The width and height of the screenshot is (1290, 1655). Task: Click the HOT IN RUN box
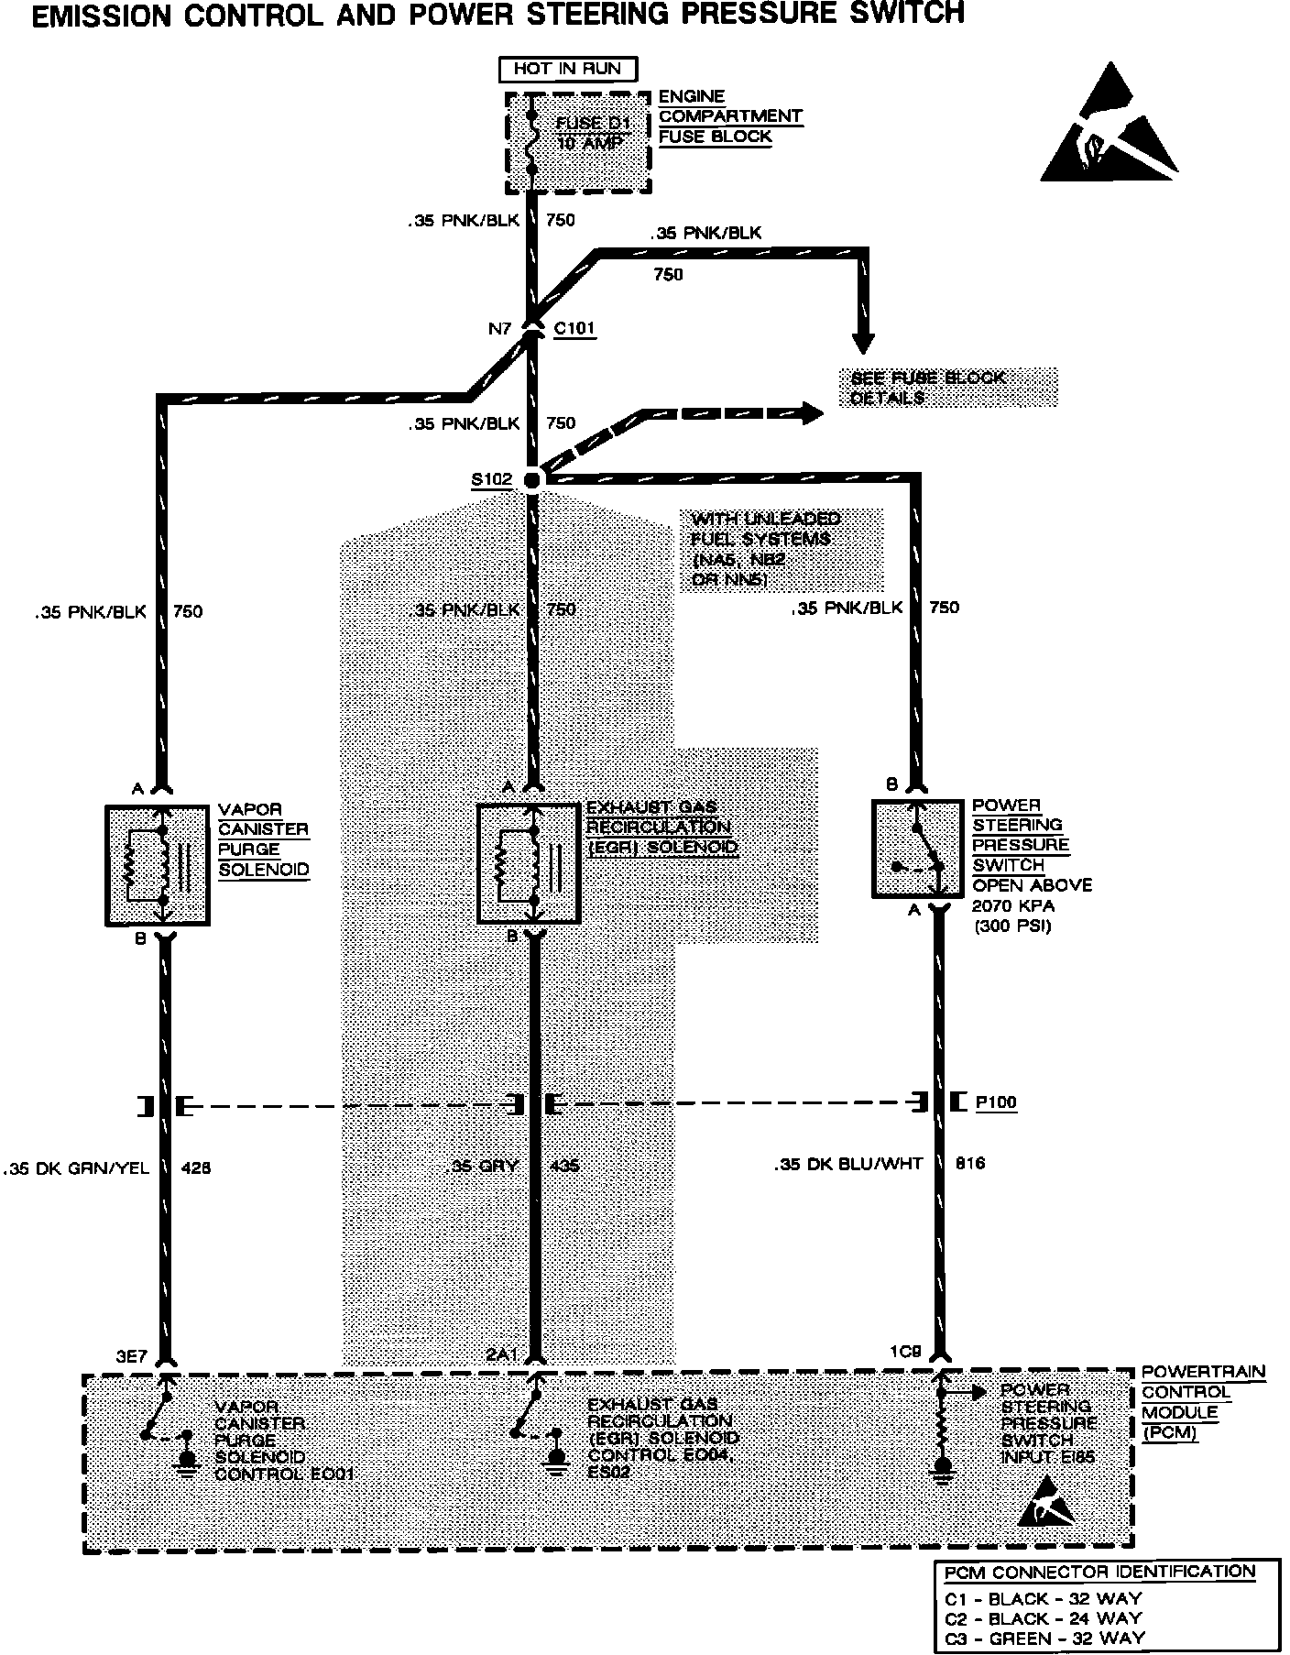pyautogui.click(x=567, y=69)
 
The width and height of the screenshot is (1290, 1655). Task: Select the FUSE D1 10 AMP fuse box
pyautogui.click(x=578, y=143)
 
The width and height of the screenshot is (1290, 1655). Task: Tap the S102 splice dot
pyautogui.click(x=532, y=479)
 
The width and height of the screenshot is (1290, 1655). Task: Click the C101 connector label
pyautogui.click(x=574, y=328)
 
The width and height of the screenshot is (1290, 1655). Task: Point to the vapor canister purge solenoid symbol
pyautogui.click(x=158, y=864)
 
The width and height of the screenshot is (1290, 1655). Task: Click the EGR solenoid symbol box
pyautogui.click(x=530, y=862)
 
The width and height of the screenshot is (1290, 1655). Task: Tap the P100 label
pyautogui.click(x=995, y=1102)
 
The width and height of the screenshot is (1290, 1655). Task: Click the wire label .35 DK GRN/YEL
pyautogui.click(x=76, y=1168)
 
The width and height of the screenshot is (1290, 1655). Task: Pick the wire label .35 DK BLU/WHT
pyautogui.click(x=847, y=1164)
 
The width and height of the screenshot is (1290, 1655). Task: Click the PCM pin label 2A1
pyautogui.click(x=503, y=1355)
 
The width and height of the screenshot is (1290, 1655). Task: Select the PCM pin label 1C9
pyautogui.click(x=906, y=1352)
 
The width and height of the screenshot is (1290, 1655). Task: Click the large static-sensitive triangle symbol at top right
pyautogui.click(x=1109, y=126)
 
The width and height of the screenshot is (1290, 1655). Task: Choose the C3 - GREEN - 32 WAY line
pyautogui.click(x=1044, y=1638)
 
